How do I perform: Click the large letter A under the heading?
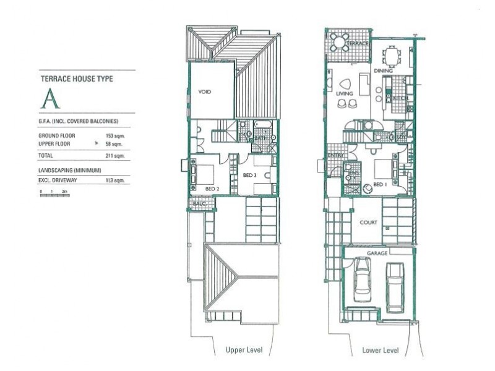click(x=50, y=100)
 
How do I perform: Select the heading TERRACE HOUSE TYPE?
click(x=77, y=79)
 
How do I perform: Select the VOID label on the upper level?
click(x=205, y=92)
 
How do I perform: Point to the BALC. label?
click(x=199, y=203)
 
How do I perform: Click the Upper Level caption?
click(x=244, y=351)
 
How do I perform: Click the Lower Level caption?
click(x=380, y=351)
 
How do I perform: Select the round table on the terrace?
click(x=340, y=42)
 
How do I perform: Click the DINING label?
click(x=383, y=71)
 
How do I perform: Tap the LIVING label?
click(x=344, y=94)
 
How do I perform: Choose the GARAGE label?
click(x=377, y=254)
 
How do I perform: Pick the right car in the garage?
click(x=394, y=287)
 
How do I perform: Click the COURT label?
click(x=369, y=222)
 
